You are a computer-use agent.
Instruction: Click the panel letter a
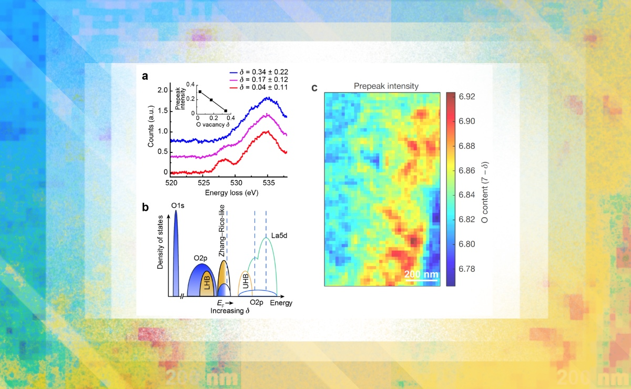tap(145, 76)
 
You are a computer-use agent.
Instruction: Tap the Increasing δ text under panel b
tap(229, 311)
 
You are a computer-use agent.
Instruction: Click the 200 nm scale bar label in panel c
tap(421, 274)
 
